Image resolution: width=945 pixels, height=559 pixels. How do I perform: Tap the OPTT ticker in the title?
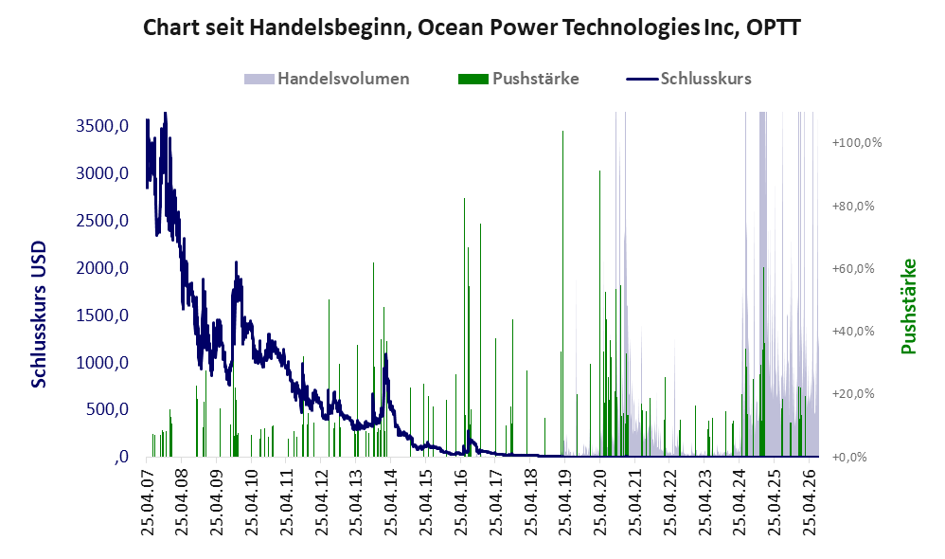(774, 27)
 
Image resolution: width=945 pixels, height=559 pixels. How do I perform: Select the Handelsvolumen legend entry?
(327, 79)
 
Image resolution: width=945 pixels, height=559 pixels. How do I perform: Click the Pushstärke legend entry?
(519, 79)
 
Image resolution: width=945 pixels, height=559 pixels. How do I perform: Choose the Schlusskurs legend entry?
(688, 79)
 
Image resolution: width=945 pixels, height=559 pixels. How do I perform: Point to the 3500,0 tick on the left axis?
(102, 126)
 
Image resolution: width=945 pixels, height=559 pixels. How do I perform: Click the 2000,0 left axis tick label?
(102, 268)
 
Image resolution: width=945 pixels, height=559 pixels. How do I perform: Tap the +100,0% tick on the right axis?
(856, 143)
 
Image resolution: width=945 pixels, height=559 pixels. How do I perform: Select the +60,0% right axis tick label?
(853, 268)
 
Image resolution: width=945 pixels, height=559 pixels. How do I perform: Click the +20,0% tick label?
(853, 394)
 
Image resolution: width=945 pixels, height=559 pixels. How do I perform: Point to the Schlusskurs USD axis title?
(39, 315)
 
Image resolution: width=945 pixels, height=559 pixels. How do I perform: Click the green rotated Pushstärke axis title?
(908, 306)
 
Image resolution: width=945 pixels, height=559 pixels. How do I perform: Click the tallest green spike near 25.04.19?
(562, 293)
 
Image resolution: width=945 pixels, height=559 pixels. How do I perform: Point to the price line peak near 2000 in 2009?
(237, 262)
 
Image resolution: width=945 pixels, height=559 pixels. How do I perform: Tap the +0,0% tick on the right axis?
(849, 457)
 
